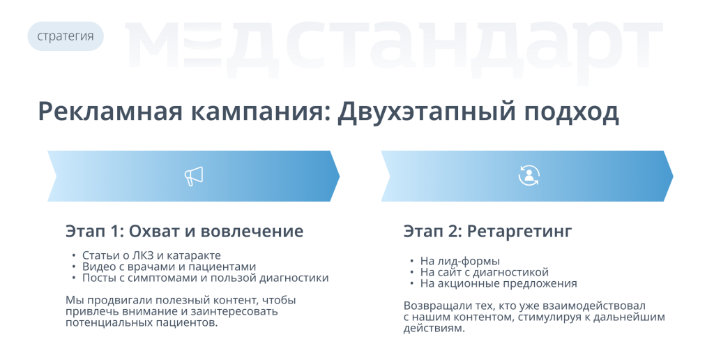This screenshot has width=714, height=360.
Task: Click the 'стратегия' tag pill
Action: coord(66,36)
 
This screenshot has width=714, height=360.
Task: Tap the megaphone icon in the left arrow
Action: coord(194,176)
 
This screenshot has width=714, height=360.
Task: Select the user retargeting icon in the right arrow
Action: coord(529,175)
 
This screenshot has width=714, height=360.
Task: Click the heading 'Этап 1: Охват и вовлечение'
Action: coord(184,231)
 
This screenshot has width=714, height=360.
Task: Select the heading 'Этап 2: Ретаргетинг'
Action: coord(487,232)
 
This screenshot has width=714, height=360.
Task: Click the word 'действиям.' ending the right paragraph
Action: coord(434,328)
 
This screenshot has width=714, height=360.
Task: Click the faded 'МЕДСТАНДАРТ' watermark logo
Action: coord(394,45)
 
